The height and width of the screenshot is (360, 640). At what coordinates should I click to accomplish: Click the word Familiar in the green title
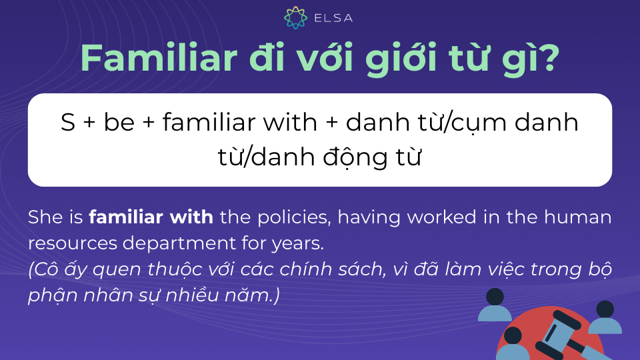click(159, 57)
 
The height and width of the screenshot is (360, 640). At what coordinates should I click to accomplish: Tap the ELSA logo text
click(333, 18)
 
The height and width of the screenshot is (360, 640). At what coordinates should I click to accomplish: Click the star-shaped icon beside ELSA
click(295, 17)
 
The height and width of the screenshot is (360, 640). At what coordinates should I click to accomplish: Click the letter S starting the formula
click(68, 123)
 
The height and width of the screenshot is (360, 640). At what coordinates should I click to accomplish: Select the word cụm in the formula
click(479, 124)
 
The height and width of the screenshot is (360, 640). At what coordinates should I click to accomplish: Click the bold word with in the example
click(191, 217)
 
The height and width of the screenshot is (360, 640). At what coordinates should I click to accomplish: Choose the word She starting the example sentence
click(45, 217)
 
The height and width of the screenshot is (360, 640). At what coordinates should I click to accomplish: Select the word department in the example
click(179, 244)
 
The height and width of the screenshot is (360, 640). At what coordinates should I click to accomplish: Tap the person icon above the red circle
click(495, 305)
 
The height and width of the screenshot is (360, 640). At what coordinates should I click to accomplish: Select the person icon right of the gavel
click(605, 317)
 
